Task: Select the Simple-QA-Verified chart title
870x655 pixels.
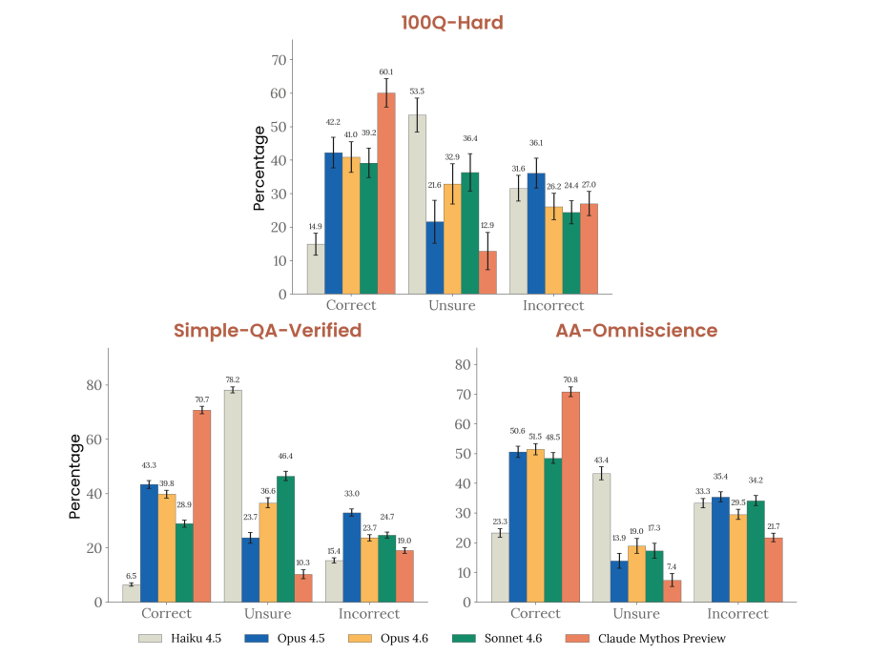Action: pos(267,331)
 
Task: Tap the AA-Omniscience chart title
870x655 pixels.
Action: pos(636,331)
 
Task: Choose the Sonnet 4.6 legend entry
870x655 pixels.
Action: pos(503,638)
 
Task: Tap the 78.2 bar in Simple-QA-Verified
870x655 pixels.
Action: pos(233,496)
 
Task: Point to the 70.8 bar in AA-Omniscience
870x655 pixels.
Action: pos(570,497)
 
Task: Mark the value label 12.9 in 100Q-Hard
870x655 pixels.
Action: pos(487,224)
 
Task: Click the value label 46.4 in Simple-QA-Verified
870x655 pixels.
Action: pos(285,457)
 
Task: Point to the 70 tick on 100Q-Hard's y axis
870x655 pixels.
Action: pos(279,60)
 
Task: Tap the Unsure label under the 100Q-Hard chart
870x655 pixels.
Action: pos(452,305)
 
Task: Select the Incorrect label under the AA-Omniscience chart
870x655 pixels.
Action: pos(739,613)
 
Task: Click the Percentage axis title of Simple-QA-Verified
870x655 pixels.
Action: pos(74,475)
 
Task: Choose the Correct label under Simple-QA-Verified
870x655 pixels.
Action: pos(166,613)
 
